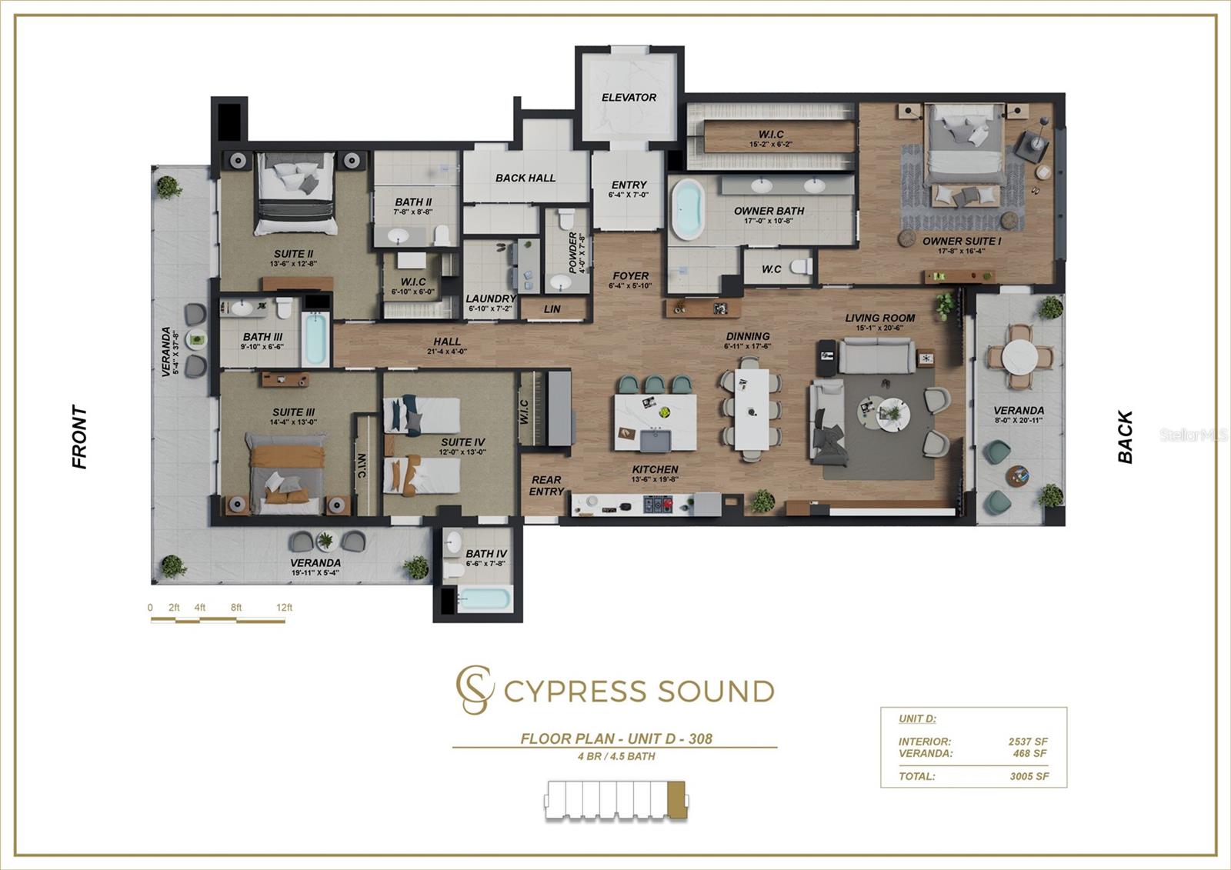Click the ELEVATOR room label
629,98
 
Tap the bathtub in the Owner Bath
687,210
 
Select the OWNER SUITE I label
962,241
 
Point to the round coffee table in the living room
892,414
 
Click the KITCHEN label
655,469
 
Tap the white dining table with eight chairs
751,408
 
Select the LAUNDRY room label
490,298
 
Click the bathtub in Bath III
315,339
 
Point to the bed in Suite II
295,192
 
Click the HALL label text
447,342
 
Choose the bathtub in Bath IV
483,598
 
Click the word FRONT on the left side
79,437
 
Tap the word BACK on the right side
1125,437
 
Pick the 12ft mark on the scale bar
284,608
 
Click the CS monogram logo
474,690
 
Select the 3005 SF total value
1029,776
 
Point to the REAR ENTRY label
546,485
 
